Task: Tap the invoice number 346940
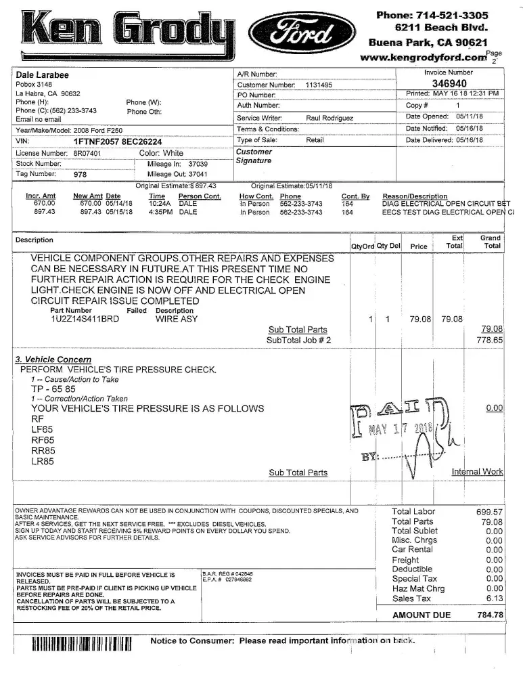[449, 83]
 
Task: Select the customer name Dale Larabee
[42, 74]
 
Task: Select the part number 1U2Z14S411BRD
[84, 318]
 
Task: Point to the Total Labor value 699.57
[490, 512]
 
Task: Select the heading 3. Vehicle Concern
[53, 359]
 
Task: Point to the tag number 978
[81, 174]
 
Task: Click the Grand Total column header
[490, 242]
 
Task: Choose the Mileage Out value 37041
[198, 174]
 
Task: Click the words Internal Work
[477, 471]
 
